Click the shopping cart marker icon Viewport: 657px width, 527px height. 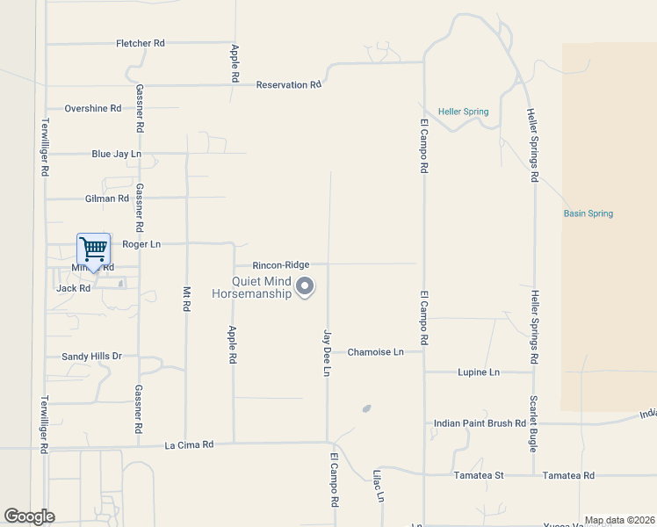93,249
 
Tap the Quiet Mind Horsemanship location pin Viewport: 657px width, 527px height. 305,286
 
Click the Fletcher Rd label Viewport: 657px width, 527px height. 141,43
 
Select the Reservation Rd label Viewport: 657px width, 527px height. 288,85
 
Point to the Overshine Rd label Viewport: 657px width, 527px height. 93,109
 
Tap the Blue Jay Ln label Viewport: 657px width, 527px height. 116,154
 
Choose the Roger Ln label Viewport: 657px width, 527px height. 141,244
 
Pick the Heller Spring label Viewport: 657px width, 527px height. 464,112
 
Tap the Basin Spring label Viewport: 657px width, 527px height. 588,213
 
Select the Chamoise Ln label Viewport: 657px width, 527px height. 375,352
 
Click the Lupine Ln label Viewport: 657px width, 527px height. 479,372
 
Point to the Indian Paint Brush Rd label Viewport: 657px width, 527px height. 480,423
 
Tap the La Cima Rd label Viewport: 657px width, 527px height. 190,445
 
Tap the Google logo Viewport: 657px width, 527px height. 30,516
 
